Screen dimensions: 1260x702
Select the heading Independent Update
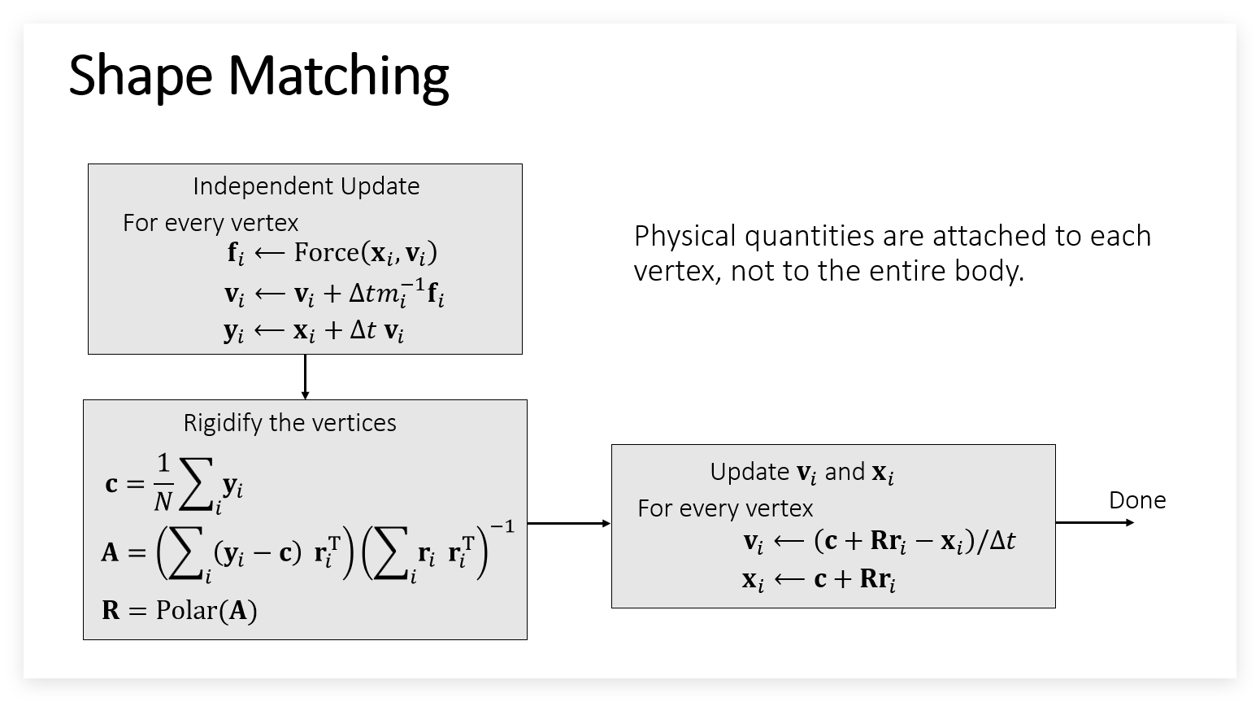pyautogui.click(x=306, y=186)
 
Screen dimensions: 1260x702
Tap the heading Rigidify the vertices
pyautogui.click(x=289, y=423)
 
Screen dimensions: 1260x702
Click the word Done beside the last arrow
pyautogui.click(x=1137, y=500)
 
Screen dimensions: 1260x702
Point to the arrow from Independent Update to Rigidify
pyautogui.click(x=305, y=377)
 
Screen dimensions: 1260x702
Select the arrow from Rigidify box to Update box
pyautogui.click(x=569, y=524)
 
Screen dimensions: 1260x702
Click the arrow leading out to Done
pyautogui.click(x=1095, y=522)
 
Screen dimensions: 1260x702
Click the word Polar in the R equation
pyautogui.click(x=185, y=610)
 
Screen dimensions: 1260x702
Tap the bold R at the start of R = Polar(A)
pyautogui.click(x=111, y=610)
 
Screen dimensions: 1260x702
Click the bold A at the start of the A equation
pyautogui.click(x=111, y=552)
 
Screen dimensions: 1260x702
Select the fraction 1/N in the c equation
pyautogui.click(x=163, y=482)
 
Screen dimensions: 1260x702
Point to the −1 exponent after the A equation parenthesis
pyautogui.click(x=502, y=526)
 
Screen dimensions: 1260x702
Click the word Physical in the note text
pyautogui.click(x=684, y=237)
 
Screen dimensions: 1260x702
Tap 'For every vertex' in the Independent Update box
pyautogui.click(x=211, y=224)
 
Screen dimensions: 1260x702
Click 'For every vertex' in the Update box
pyautogui.click(x=725, y=509)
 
